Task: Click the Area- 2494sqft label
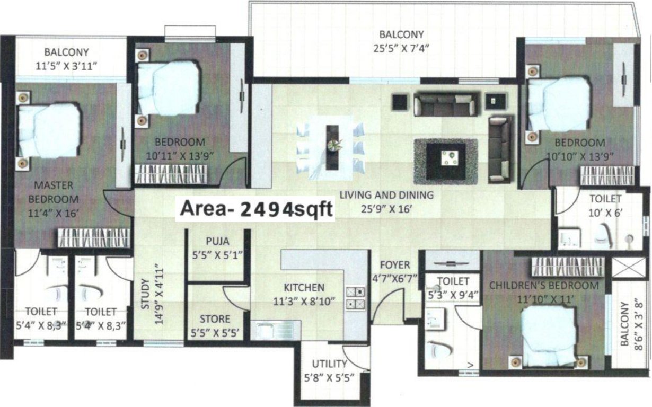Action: [257, 209]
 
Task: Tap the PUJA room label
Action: [217, 242]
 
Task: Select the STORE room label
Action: [215, 319]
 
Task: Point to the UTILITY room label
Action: [329, 364]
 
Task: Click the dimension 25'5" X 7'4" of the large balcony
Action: [401, 47]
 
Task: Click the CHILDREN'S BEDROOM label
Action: [543, 286]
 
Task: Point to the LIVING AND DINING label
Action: [386, 195]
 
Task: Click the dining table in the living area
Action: [332, 147]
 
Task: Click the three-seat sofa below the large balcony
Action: [444, 105]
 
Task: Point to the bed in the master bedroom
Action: [49, 130]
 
